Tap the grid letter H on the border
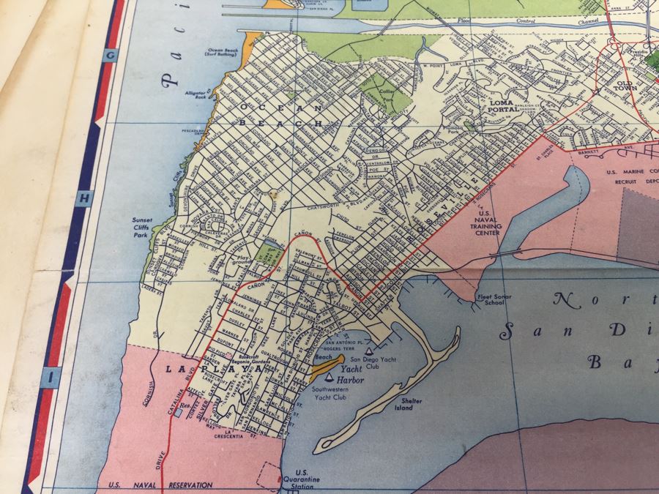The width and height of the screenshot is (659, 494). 85,198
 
